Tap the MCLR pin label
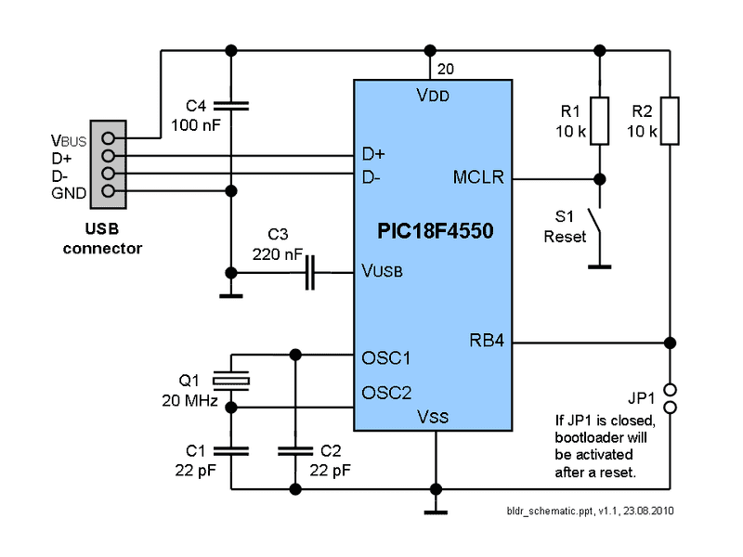tap(478, 177)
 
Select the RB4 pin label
tap(487, 341)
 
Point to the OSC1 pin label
tap(385, 357)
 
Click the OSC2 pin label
tap(385, 392)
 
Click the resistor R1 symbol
tap(600, 121)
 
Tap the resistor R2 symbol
tap(670, 121)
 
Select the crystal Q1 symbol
tap(231, 379)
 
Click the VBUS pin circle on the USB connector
tap(109, 139)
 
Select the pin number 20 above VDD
tap(445, 69)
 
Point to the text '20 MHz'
tap(189, 401)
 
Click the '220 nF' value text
tap(276, 253)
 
